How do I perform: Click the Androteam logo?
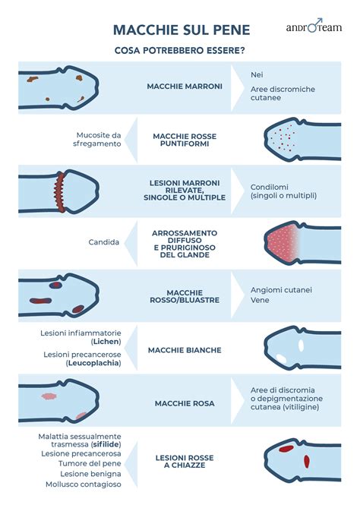(x=314, y=26)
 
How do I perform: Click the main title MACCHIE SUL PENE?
(x=182, y=30)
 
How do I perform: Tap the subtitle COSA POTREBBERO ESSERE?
(x=180, y=51)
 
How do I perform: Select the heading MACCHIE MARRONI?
(x=185, y=87)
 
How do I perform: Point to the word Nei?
(x=257, y=75)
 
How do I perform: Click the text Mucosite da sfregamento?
(x=97, y=139)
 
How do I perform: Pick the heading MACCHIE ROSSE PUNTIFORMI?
(x=185, y=140)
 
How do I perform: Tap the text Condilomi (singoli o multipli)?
(x=283, y=191)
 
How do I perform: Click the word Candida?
(x=104, y=242)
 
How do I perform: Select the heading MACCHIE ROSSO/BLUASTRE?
(x=185, y=296)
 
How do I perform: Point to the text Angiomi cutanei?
(x=281, y=290)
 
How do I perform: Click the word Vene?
(x=260, y=300)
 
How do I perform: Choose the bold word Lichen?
(x=106, y=342)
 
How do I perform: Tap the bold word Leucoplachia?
(x=93, y=363)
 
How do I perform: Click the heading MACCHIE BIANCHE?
(x=185, y=350)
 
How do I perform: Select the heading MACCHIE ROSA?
(x=185, y=404)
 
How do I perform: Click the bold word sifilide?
(x=106, y=444)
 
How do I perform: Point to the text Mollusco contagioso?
(x=84, y=484)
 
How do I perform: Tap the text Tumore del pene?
(x=90, y=464)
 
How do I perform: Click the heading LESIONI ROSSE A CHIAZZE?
(x=185, y=462)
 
